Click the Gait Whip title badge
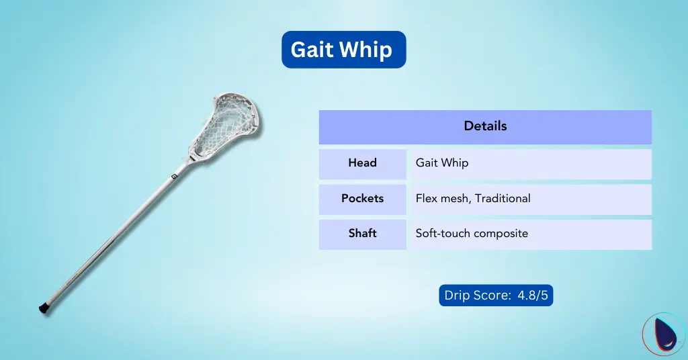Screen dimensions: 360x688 click(x=343, y=50)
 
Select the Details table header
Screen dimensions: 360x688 click(x=485, y=126)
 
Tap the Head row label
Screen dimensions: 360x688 click(x=362, y=163)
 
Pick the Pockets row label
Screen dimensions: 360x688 click(x=362, y=199)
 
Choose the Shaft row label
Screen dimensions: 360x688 click(x=362, y=234)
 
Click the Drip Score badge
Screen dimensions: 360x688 click(x=496, y=296)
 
